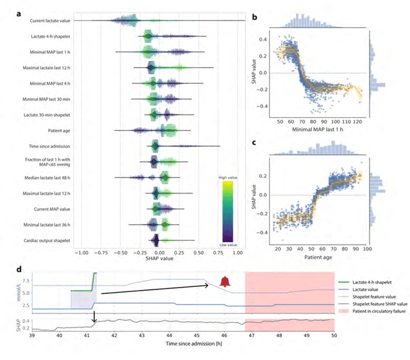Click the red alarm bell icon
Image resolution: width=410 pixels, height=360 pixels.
click(x=224, y=281)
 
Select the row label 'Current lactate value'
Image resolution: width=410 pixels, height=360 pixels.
click(x=50, y=21)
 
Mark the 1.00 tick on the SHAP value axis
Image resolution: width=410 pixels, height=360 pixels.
click(x=236, y=253)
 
